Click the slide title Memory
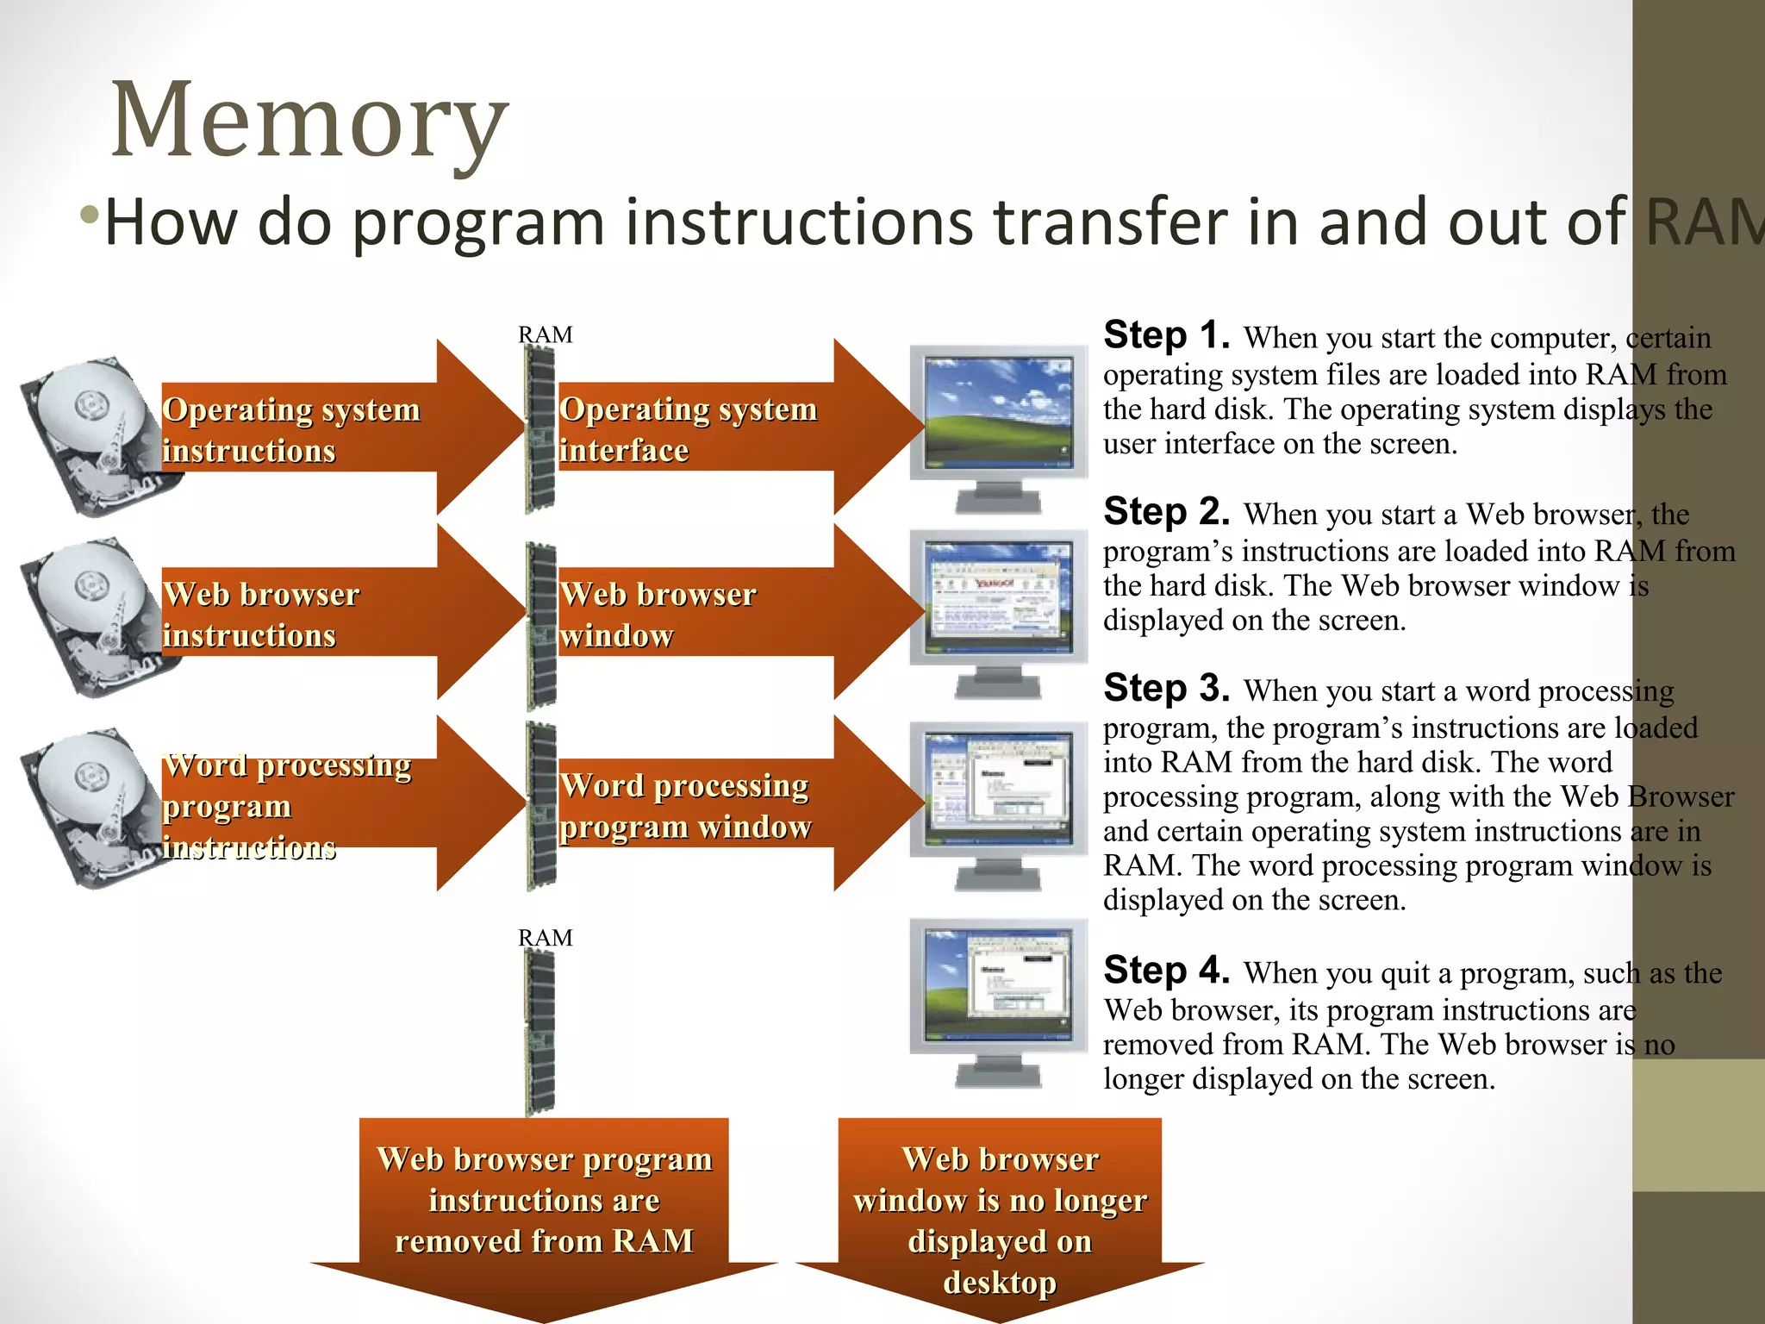pos(310,121)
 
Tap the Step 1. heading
pos(1166,335)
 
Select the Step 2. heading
pos(1166,512)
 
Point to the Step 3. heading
pos(1166,689)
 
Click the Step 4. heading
pos(1166,971)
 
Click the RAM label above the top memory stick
pos(545,334)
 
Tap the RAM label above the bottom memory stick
pos(545,938)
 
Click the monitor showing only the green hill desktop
pos(998,414)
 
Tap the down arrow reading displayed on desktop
pos(1000,1215)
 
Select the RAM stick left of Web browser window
pos(541,625)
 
